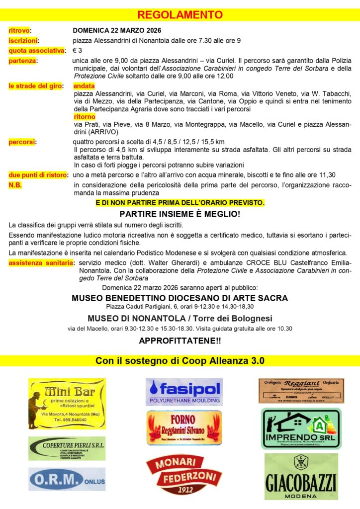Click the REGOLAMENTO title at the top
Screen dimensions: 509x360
(x=180, y=14)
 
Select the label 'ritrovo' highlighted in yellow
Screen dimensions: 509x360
(x=19, y=31)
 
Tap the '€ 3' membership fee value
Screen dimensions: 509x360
(x=78, y=51)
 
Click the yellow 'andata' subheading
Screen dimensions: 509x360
(x=84, y=86)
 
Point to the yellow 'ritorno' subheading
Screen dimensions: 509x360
(x=84, y=117)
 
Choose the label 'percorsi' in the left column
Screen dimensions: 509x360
(x=21, y=142)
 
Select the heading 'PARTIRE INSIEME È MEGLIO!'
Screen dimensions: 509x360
(x=180, y=214)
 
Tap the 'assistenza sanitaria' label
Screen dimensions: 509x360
(x=40, y=262)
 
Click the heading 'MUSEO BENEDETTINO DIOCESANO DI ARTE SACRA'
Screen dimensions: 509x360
(x=180, y=298)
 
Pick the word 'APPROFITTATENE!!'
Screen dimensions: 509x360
(x=180, y=341)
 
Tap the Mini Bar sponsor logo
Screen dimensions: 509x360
(x=67, y=404)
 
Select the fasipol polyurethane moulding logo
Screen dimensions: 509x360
(x=184, y=392)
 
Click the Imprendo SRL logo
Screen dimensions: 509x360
(x=301, y=428)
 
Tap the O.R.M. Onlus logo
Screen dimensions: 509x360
(x=67, y=479)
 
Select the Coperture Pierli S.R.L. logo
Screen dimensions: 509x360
(x=67, y=448)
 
